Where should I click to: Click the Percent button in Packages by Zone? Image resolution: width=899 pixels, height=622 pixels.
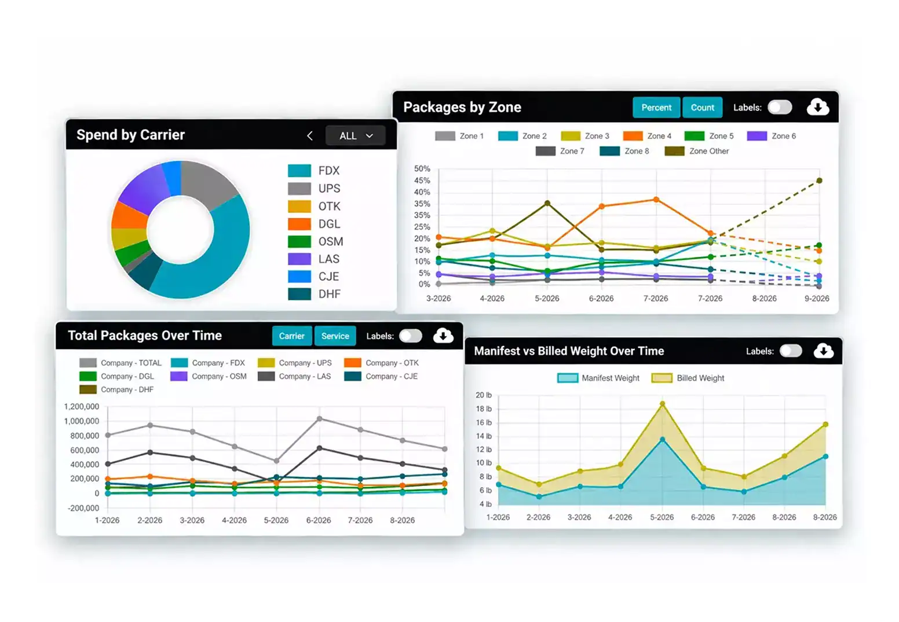656,108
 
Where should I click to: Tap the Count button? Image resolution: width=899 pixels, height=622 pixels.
702,108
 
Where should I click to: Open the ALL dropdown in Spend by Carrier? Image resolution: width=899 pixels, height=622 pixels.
356,136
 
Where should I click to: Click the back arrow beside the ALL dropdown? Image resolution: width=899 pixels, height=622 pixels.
309,136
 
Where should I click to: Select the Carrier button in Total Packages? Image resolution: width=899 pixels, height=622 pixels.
292,336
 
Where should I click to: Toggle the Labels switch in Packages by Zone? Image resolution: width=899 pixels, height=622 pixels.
780,108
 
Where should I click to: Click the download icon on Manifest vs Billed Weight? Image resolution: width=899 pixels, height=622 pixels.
824,351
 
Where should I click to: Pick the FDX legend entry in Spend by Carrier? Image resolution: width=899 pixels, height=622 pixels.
314,171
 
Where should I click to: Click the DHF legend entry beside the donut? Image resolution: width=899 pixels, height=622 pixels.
315,294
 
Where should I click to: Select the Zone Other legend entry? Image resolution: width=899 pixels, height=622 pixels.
697,151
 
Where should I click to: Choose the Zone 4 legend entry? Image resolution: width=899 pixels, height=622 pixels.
648,136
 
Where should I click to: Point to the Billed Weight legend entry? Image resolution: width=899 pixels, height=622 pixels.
688,378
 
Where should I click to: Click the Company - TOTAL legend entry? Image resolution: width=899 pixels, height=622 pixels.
120,363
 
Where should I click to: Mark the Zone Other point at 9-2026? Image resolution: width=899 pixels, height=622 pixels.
819,181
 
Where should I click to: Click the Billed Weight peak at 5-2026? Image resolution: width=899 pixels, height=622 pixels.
662,404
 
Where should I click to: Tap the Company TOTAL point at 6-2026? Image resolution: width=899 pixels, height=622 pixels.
320,419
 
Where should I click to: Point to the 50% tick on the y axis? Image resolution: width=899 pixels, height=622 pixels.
422,169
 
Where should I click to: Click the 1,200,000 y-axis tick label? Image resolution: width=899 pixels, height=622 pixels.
82,406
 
